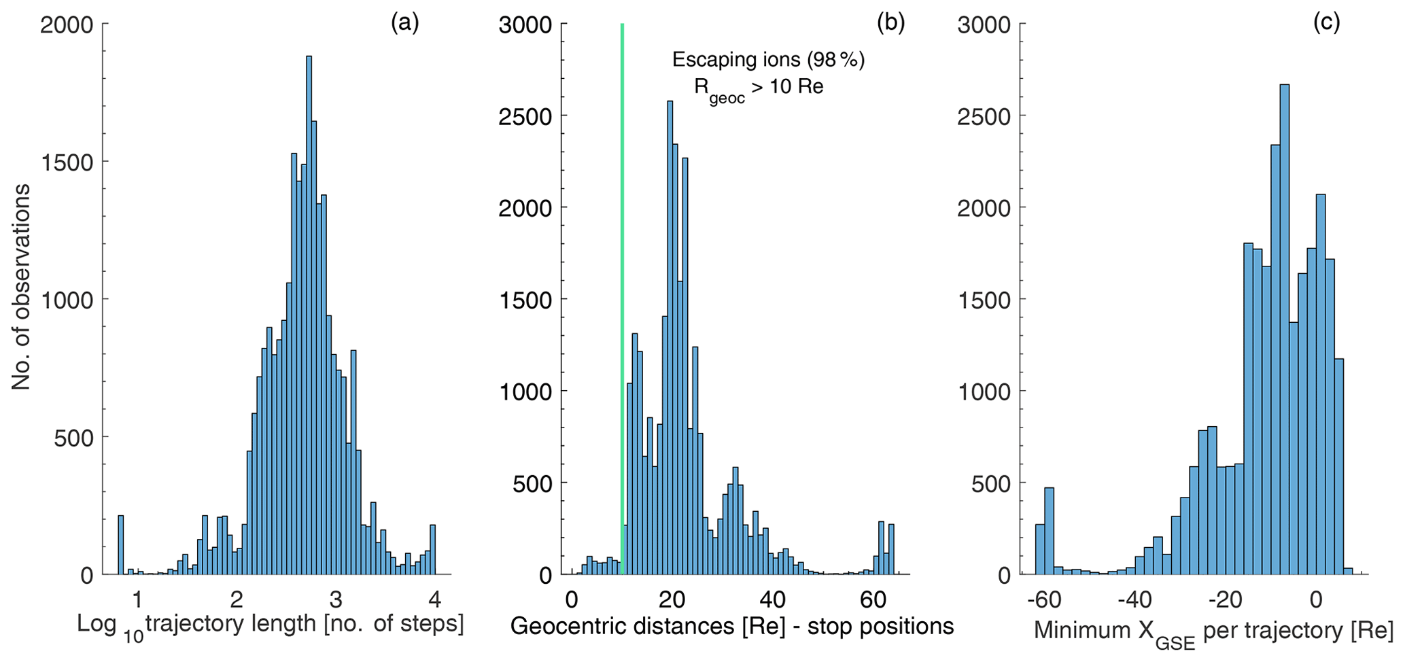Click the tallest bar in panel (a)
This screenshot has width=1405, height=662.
[x=309, y=313]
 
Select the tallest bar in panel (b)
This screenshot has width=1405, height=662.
[x=670, y=340]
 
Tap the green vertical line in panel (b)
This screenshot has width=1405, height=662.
[x=622, y=272]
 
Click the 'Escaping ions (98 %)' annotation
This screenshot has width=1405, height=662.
[x=768, y=60]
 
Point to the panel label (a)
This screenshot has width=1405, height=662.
[x=405, y=23]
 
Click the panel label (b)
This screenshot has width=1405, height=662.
[x=890, y=23]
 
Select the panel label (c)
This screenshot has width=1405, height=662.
[x=1326, y=23]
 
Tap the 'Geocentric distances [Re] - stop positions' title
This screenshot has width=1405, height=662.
[x=732, y=625]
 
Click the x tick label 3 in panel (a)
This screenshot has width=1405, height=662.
[x=335, y=600]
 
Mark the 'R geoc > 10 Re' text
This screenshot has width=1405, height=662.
[x=758, y=89]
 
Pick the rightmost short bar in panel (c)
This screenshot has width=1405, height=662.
[x=1348, y=571]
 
